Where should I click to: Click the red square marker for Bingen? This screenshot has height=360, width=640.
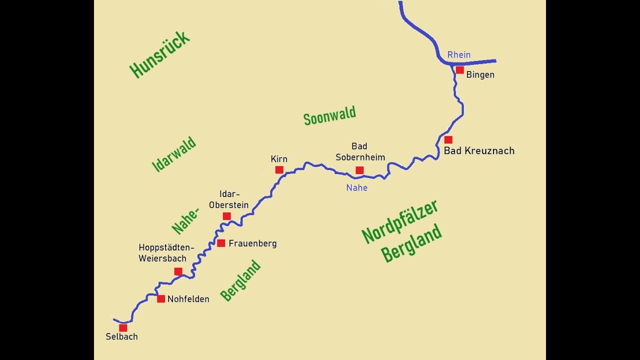(459, 70)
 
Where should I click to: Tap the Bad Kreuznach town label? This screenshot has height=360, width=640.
(479, 150)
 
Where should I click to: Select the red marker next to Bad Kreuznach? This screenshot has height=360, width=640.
(448, 140)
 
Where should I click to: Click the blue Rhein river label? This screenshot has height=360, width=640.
(458, 55)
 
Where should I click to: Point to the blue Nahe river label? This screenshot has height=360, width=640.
(356, 188)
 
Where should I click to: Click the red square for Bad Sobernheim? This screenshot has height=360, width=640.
(359, 170)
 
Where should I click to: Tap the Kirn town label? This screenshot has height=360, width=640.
(279, 159)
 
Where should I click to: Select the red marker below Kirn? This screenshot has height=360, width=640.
(279, 170)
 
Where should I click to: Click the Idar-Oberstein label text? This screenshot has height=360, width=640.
(228, 199)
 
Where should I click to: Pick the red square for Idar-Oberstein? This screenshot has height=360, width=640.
(226, 216)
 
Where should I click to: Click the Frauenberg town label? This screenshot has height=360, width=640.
(252, 243)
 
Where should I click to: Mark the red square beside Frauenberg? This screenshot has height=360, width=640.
(221, 243)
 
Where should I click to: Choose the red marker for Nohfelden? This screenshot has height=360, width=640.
(161, 298)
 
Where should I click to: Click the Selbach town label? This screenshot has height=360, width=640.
(121, 337)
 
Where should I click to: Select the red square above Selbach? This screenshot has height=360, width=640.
(123, 328)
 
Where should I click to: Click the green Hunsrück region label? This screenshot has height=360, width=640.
(159, 54)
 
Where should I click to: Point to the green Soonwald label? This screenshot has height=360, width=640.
(329, 115)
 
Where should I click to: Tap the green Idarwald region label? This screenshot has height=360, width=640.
(173, 154)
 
